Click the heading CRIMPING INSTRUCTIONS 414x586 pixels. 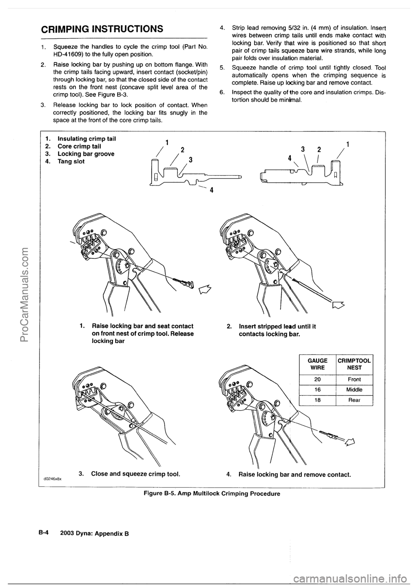point(101,29)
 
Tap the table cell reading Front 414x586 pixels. point(354,379)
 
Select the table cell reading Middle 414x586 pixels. point(354,389)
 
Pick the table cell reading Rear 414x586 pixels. point(354,400)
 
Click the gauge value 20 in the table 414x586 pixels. point(317,379)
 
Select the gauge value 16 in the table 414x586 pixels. point(317,389)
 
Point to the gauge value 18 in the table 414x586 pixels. point(317,400)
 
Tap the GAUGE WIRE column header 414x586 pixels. point(317,364)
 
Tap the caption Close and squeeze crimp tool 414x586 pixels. point(129,473)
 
